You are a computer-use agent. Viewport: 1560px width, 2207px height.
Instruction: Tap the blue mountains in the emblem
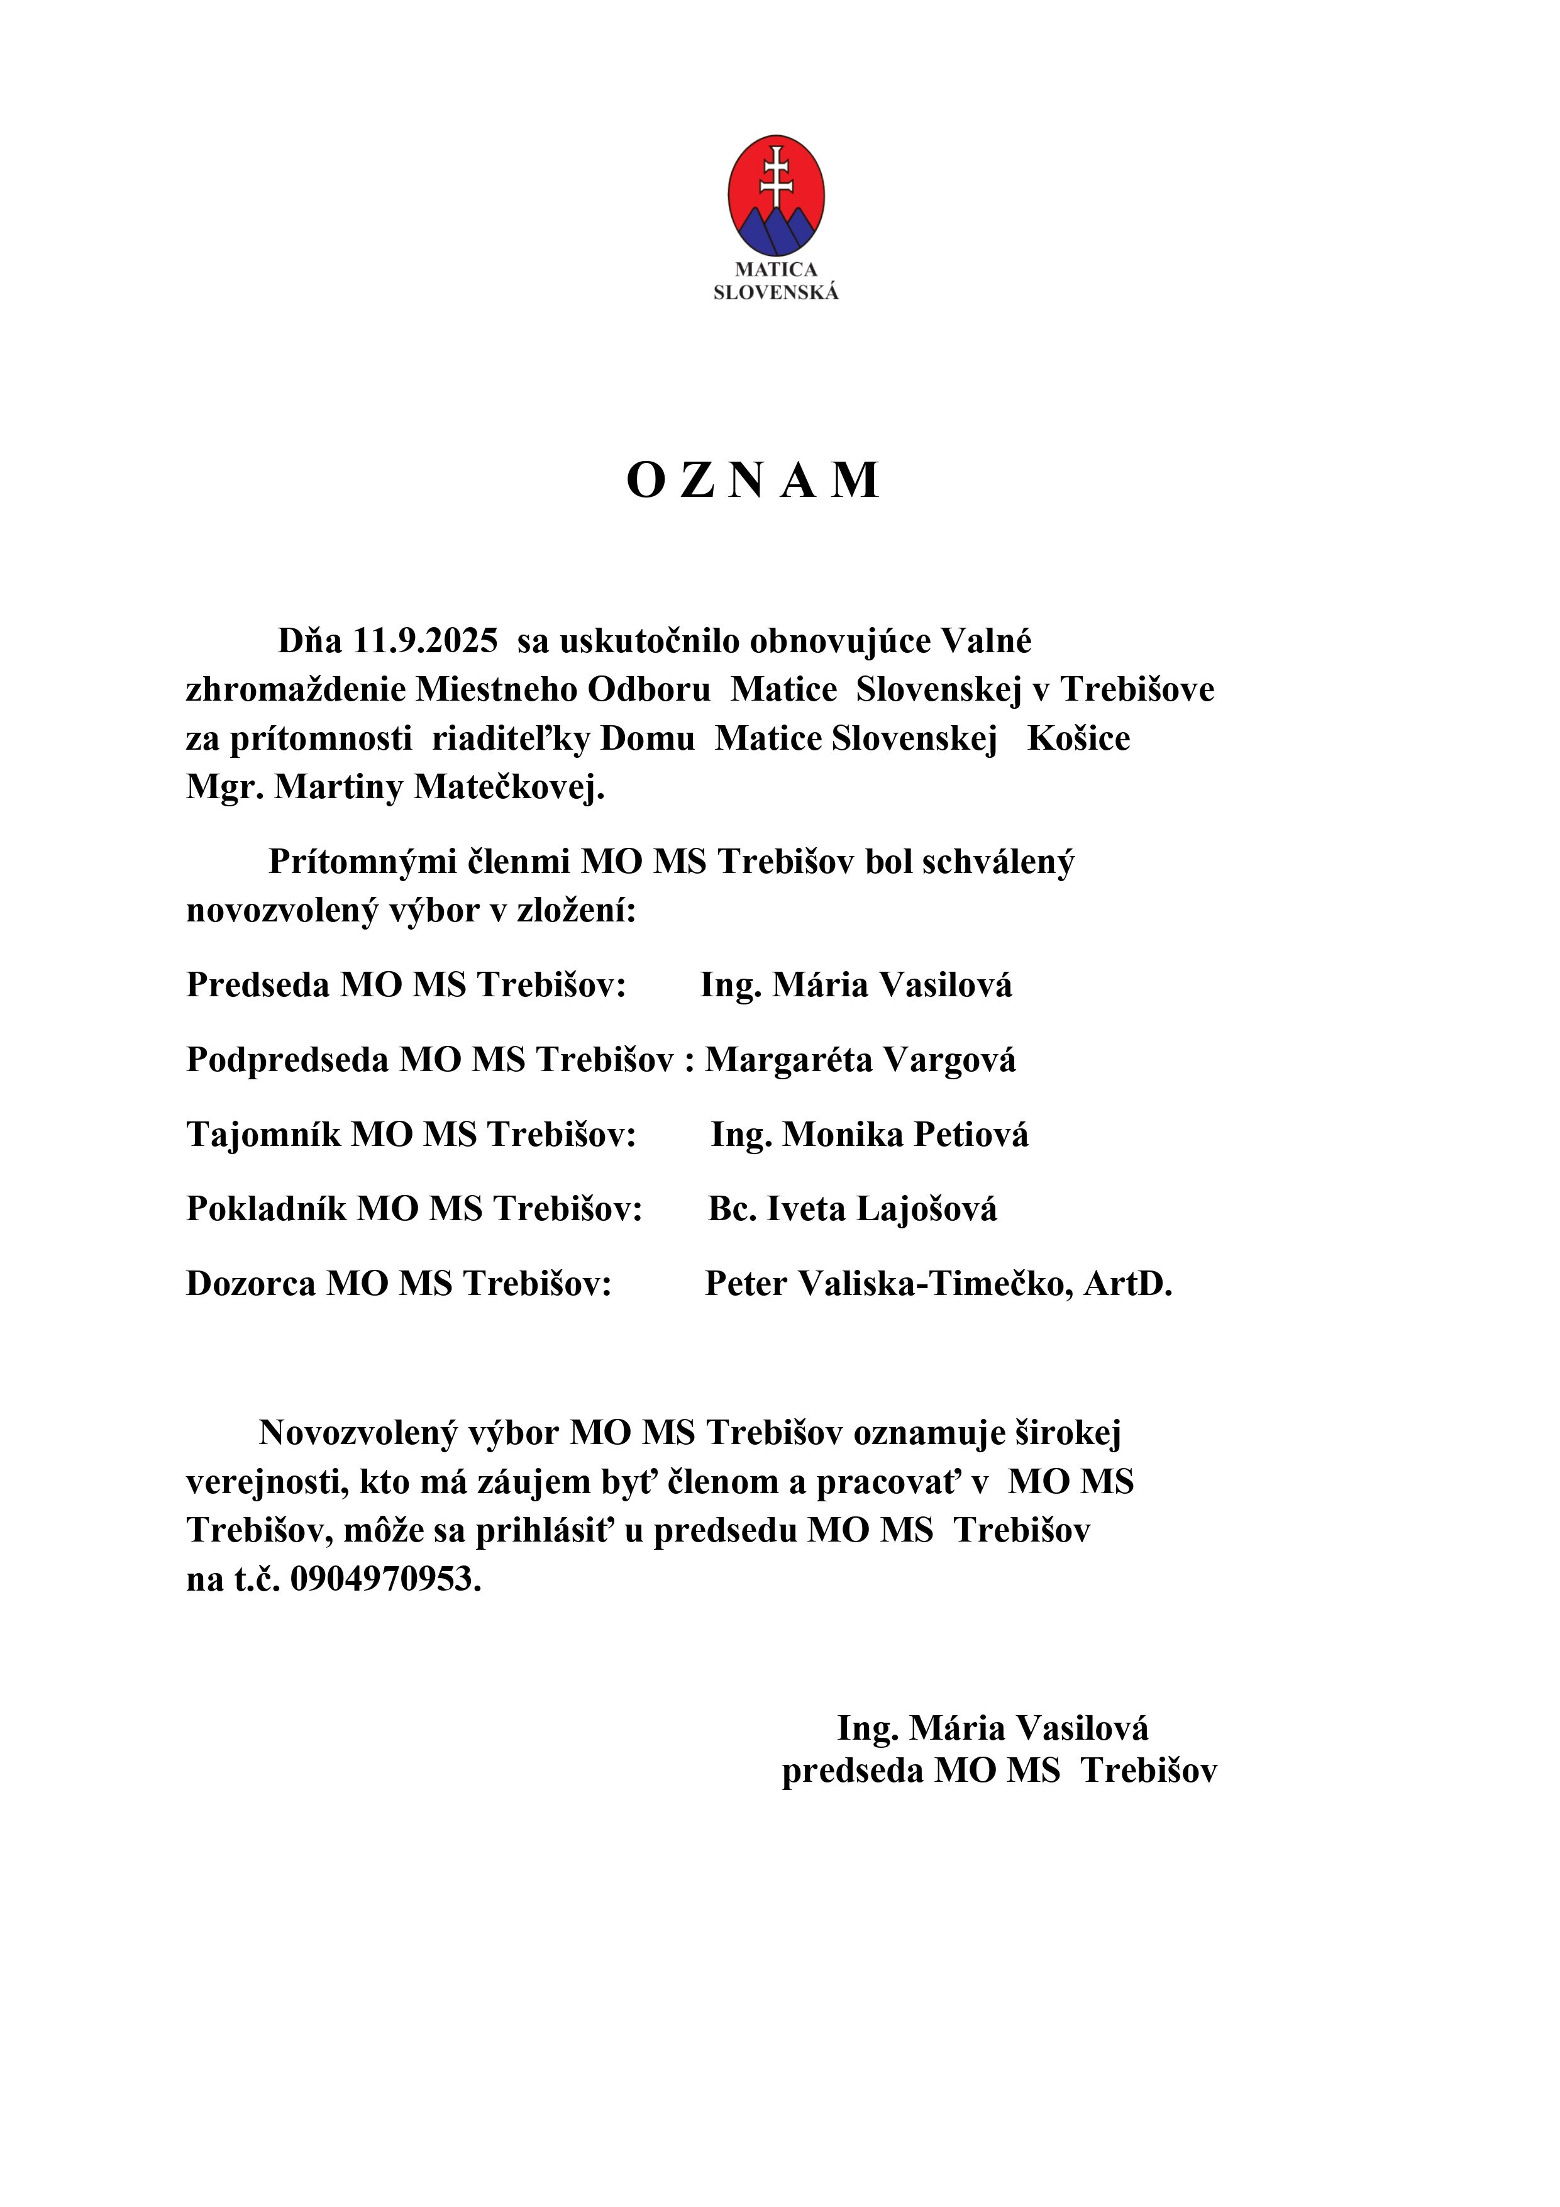[x=776, y=235]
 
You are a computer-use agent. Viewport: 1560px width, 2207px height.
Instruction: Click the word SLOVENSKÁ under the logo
[x=776, y=293]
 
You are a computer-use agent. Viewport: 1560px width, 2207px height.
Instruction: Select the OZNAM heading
[x=753, y=481]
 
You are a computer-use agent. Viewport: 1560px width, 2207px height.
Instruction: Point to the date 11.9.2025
[x=426, y=641]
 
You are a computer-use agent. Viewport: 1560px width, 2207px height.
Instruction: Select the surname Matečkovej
[x=509, y=787]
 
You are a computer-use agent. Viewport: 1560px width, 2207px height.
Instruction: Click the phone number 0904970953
[x=384, y=1579]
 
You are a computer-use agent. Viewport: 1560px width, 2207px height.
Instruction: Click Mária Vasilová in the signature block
[x=1029, y=1755]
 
